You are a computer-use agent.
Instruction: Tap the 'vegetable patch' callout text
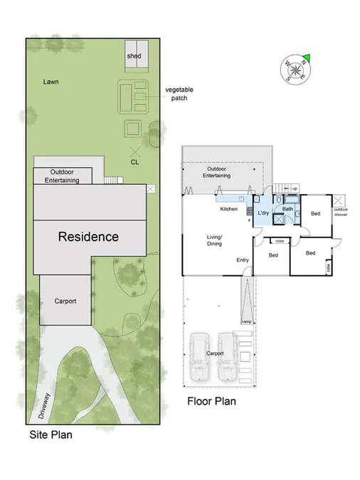coord(179,94)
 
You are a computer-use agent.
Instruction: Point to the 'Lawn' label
coord(50,82)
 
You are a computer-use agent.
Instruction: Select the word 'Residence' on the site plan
coord(88,237)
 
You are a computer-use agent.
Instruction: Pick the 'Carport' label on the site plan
coord(65,302)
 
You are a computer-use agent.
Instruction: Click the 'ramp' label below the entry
coord(246,322)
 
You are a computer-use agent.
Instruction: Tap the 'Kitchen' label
coord(228,209)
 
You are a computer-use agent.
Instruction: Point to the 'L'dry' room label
coord(263,213)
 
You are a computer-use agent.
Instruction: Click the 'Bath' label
coord(287,209)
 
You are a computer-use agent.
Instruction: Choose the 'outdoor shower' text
coord(341,212)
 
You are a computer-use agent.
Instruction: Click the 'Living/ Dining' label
coord(214,240)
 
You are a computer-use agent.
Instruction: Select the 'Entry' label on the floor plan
coord(243,260)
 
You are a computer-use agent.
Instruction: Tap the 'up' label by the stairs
coord(295,188)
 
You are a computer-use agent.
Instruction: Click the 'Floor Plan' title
coord(211,401)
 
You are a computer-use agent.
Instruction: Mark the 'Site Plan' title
coord(51,434)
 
